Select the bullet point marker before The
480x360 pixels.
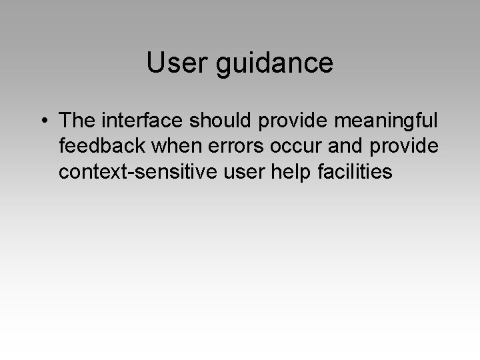43,122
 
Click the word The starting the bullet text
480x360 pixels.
77,121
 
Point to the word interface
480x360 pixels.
145,121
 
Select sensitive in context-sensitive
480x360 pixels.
168,172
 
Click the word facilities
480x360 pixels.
354,172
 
